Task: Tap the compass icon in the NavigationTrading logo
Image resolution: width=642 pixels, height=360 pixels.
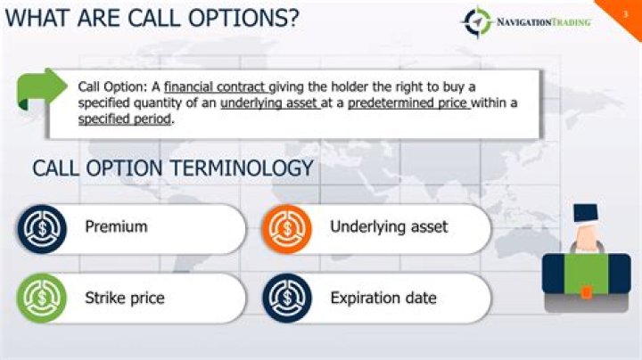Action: [477, 20]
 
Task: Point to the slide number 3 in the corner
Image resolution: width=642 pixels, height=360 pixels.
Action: [625, 11]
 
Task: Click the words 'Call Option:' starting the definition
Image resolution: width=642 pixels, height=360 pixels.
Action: [111, 86]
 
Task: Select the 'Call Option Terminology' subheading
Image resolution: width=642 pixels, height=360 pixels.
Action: [173, 168]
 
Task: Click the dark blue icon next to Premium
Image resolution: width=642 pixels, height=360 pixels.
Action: [42, 228]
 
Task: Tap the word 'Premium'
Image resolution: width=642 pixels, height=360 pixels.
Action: [116, 227]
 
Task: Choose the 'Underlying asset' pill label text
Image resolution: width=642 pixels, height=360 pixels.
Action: [389, 227]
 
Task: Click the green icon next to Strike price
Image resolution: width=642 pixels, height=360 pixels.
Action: [42, 298]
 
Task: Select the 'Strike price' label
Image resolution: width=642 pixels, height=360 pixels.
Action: [125, 298]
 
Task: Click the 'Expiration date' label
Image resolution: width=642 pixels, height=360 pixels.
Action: [383, 298]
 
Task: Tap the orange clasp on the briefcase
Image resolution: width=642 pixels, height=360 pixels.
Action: [587, 291]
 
